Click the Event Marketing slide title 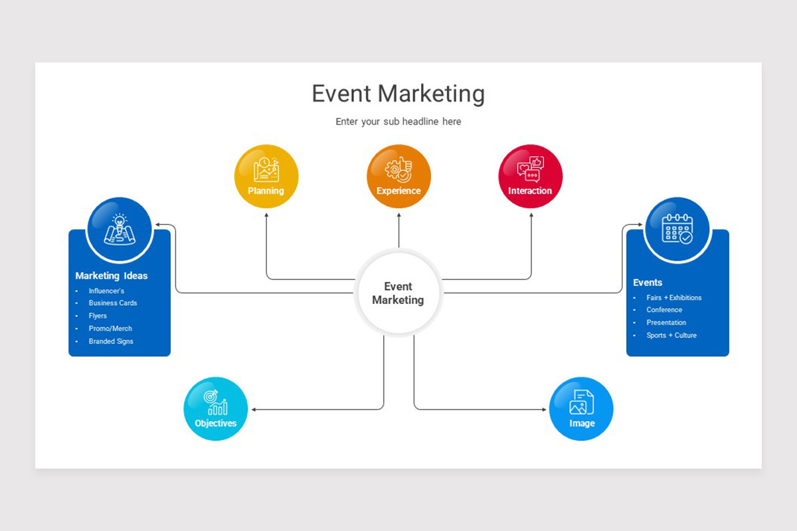pos(398,94)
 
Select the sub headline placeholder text pos(398,121)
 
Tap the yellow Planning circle pos(266,176)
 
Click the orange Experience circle pos(398,176)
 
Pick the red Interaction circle pos(530,176)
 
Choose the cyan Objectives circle pos(215,409)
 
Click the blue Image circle pos(581,409)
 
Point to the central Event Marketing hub pos(398,293)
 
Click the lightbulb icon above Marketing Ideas pos(120,229)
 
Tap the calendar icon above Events pos(677,229)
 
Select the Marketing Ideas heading pos(112,275)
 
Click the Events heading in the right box pos(648,282)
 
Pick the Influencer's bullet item pos(106,291)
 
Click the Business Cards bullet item pos(113,303)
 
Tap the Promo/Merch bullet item pos(110,329)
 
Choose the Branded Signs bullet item pos(111,341)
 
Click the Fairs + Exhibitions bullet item pos(673,297)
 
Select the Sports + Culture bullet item pos(671,335)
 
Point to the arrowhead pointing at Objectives pos(254,410)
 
